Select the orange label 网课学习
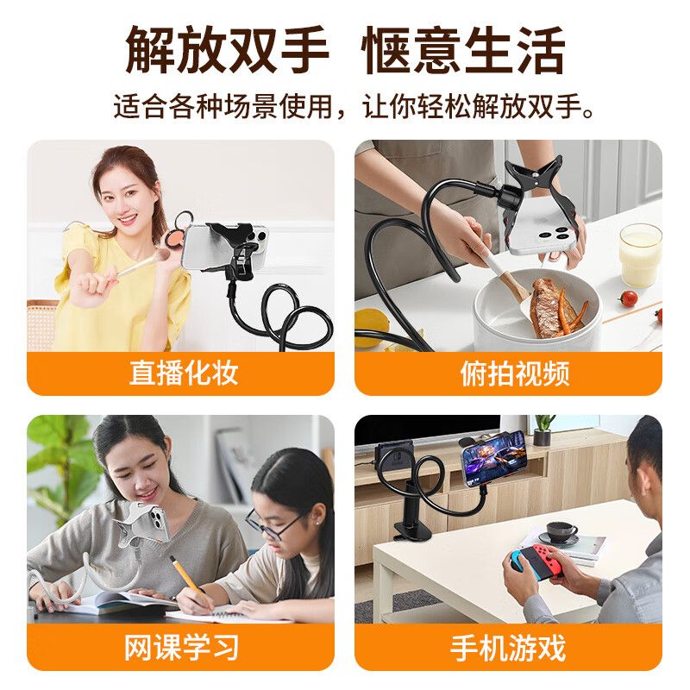(181, 648)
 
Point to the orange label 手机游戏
(508, 648)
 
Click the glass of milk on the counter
(640, 254)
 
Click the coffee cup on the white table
(562, 532)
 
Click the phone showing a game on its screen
(492, 461)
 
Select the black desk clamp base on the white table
(413, 530)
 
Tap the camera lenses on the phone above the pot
(557, 233)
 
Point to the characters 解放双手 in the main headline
(227, 50)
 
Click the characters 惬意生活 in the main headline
(463, 50)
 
